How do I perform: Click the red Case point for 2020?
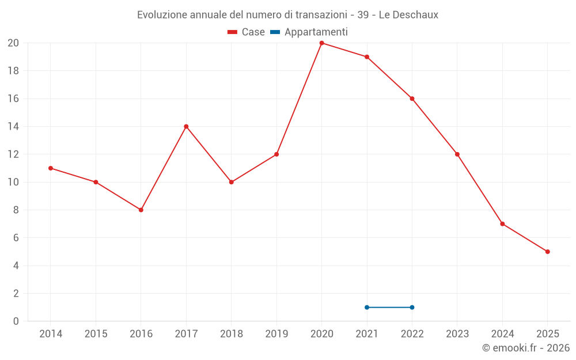(x=321, y=43)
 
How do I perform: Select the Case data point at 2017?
(x=186, y=127)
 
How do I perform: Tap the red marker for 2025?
(x=547, y=252)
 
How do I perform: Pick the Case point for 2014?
(x=51, y=168)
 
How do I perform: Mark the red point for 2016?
(x=141, y=210)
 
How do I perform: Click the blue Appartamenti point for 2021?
(x=367, y=307)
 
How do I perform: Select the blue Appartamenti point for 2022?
(x=412, y=307)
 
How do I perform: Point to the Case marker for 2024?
(x=502, y=224)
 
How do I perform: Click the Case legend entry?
(x=247, y=32)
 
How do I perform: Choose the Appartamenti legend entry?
(x=309, y=32)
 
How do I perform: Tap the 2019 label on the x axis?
(x=276, y=334)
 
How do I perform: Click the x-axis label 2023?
(x=457, y=334)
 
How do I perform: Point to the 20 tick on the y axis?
(x=13, y=43)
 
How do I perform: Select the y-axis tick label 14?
(x=13, y=127)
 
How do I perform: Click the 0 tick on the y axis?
(x=16, y=321)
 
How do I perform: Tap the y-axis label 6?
(x=16, y=238)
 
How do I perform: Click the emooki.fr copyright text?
(x=526, y=348)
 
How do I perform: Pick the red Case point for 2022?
(x=412, y=98)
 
